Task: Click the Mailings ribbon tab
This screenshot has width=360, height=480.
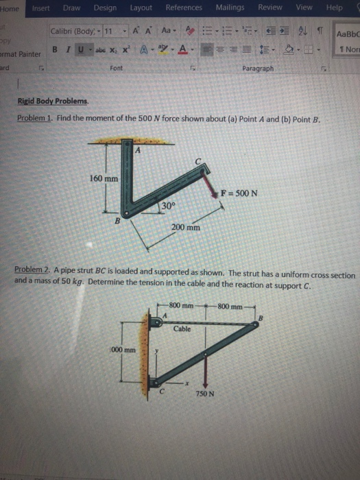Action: pos(230,8)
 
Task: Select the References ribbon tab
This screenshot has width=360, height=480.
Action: pos(184,8)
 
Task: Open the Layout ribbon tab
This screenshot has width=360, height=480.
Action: pos(141,8)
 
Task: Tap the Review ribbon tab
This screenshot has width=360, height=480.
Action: pos(270,8)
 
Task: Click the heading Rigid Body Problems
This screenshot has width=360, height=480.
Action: pos(53,101)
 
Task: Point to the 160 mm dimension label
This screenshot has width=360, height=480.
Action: pos(104,178)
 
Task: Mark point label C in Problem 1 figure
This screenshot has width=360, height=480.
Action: pos(197,162)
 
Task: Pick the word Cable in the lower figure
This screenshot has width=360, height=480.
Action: pos(182,329)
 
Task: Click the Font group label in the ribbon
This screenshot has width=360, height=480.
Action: pos(116,69)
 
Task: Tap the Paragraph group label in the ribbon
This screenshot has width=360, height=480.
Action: pos(257,69)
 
